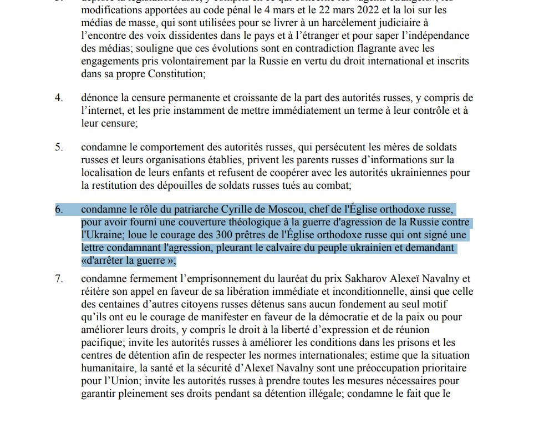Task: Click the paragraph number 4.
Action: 58,98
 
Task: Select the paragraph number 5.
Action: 58,148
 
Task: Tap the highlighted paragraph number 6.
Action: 58,210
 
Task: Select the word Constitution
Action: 174,73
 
